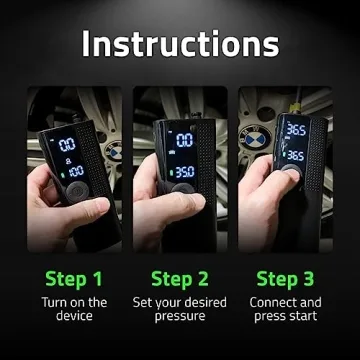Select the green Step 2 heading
coord(179,277)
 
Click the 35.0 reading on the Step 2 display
coord(184,171)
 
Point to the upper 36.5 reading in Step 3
coord(295,129)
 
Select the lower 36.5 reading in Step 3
coord(295,156)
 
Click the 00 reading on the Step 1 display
coord(68,145)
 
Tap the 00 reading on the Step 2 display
coord(185,141)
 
